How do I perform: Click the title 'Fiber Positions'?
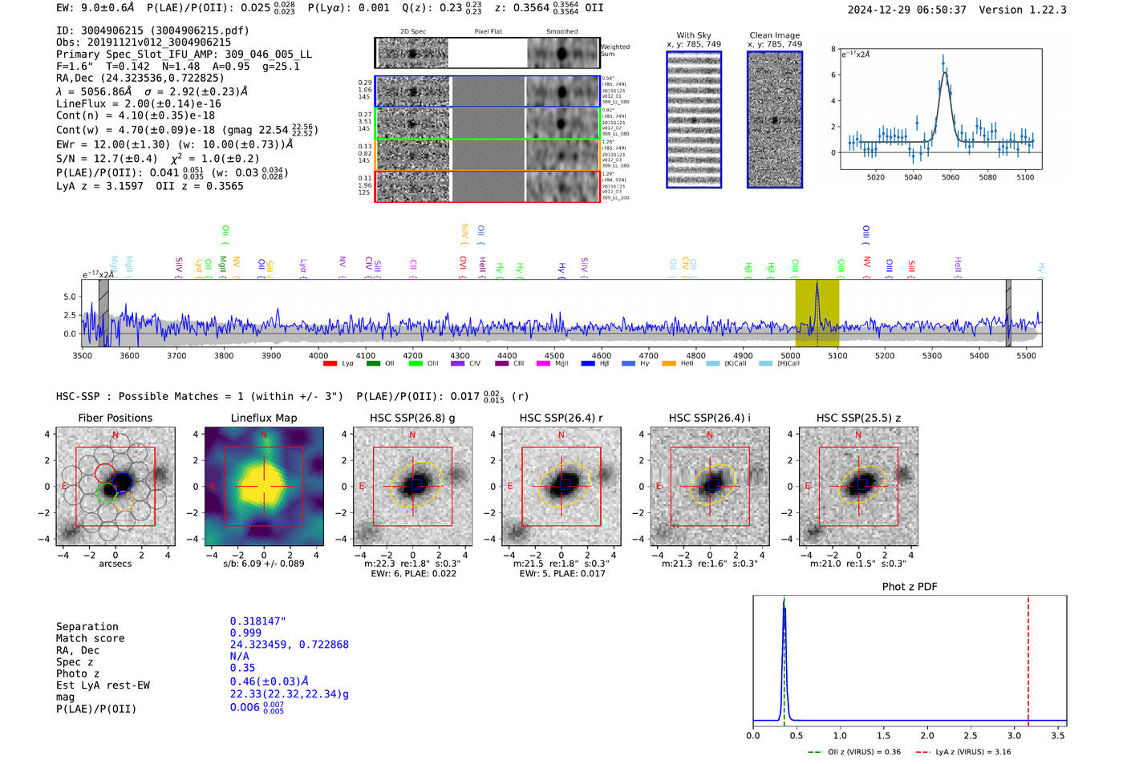tap(115, 418)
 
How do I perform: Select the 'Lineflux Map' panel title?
tap(263, 418)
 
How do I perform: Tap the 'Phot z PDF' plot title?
tap(910, 586)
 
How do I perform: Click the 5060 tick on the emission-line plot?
tap(951, 177)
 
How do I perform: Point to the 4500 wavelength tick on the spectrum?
tap(554, 355)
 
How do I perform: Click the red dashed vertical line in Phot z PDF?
tap(1028, 657)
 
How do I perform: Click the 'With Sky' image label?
tap(693, 35)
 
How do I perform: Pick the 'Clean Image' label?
tap(774, 35)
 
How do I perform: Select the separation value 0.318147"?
tap(257, 621)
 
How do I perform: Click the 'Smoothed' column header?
tap(561, 32)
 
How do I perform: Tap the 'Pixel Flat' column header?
tap(488, 32)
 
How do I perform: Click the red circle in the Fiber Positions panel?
tap(105, 472)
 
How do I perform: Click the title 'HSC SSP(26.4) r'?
tap(561, 418)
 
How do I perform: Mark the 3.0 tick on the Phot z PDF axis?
tap(1015, 735)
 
